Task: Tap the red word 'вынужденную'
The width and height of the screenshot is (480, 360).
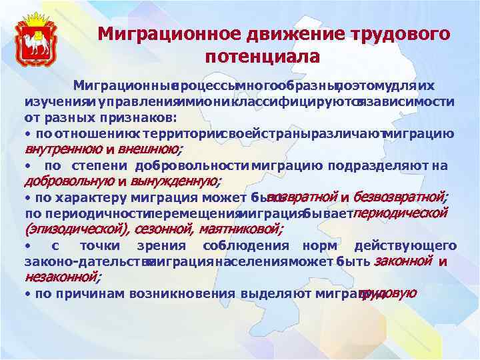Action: tap(177, 181)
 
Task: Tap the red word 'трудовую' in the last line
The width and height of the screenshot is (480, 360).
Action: tap(389, 293)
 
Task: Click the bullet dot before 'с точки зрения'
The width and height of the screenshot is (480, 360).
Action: tap(27, 246)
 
